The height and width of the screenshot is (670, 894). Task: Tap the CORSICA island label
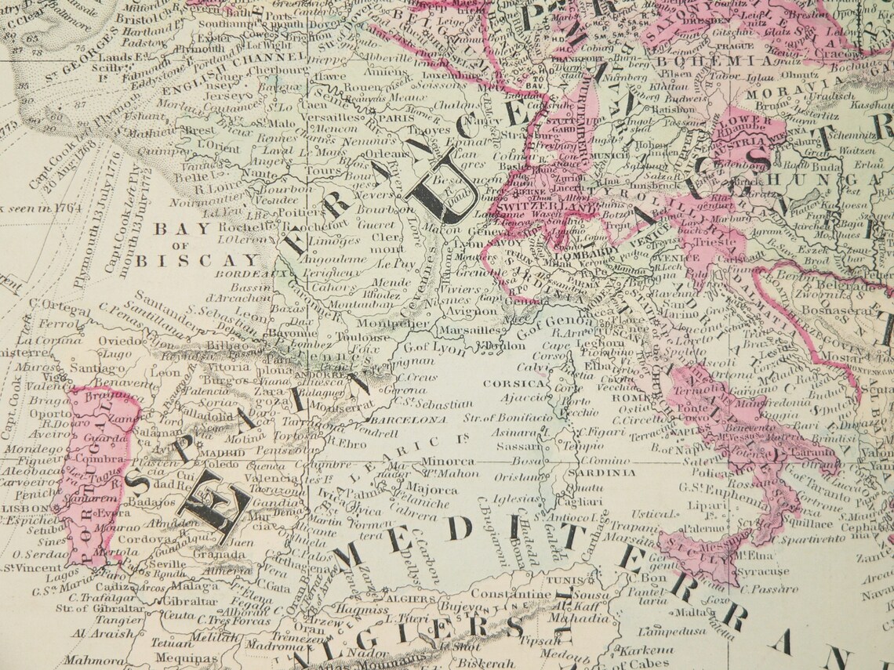pos(514,384)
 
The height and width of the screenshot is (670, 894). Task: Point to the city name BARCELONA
pos(408,420)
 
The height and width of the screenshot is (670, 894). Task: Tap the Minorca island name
pos(449,462)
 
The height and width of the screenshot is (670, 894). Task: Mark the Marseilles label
pos(462,331)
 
